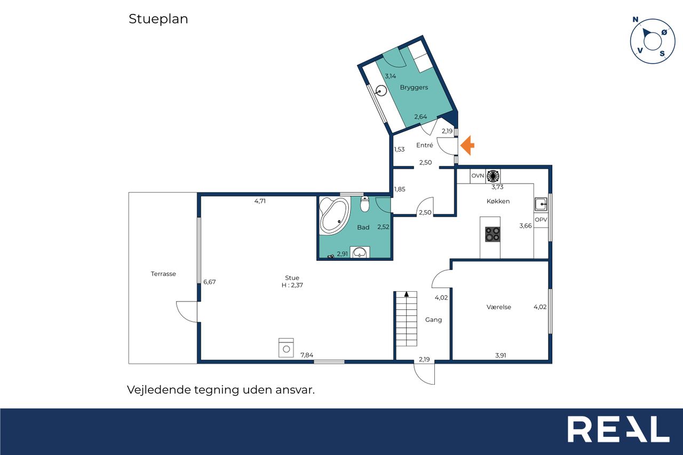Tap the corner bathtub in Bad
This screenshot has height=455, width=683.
[x=334, y=215]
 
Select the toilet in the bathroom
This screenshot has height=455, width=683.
[x=364, y=204]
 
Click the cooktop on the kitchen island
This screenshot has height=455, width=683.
[x=493, y=234]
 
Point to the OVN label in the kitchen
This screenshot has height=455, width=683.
[x=478, y=176]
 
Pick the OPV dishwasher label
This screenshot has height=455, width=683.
[x=541, y=219]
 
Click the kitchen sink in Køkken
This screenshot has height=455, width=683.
[x=541, y=204]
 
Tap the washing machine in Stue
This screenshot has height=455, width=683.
[x=286, y=347]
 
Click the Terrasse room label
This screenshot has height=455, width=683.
[x=163, y=274]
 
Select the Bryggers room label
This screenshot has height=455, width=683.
[x=414, y=87]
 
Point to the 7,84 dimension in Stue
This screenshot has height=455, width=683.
[x=307, y=355]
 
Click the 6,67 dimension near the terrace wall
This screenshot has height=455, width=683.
[x=210, y=282]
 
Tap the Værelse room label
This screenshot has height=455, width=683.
[x=498, y=307]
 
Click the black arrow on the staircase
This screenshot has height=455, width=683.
[x=407, y=294]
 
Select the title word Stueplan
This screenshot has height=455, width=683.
[x=158, y=19]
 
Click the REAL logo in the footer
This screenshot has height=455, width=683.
[x=618, y=429]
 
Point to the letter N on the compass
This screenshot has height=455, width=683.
[x=636, y=20]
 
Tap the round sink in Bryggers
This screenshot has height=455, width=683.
[x=381, y=91]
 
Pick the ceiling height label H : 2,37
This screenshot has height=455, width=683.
[x=292, y=285]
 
